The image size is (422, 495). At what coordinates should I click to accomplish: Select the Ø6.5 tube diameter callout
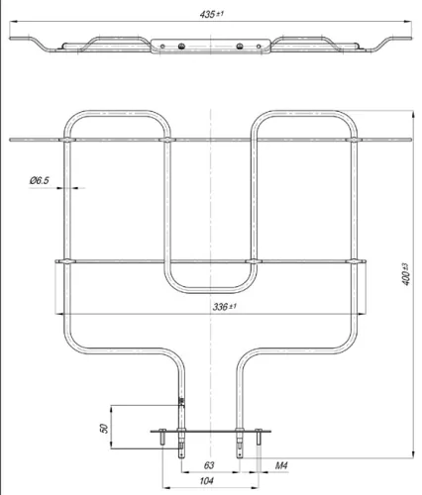[40, 180]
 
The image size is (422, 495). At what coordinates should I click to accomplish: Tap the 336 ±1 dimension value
[211, 308]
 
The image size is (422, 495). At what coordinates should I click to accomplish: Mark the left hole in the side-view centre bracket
[179, 44]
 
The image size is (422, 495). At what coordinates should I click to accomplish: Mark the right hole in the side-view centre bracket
[241, 44]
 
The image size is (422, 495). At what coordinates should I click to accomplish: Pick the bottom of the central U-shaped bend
[211, 291]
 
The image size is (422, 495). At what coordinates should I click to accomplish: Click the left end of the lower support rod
[52, 262]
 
